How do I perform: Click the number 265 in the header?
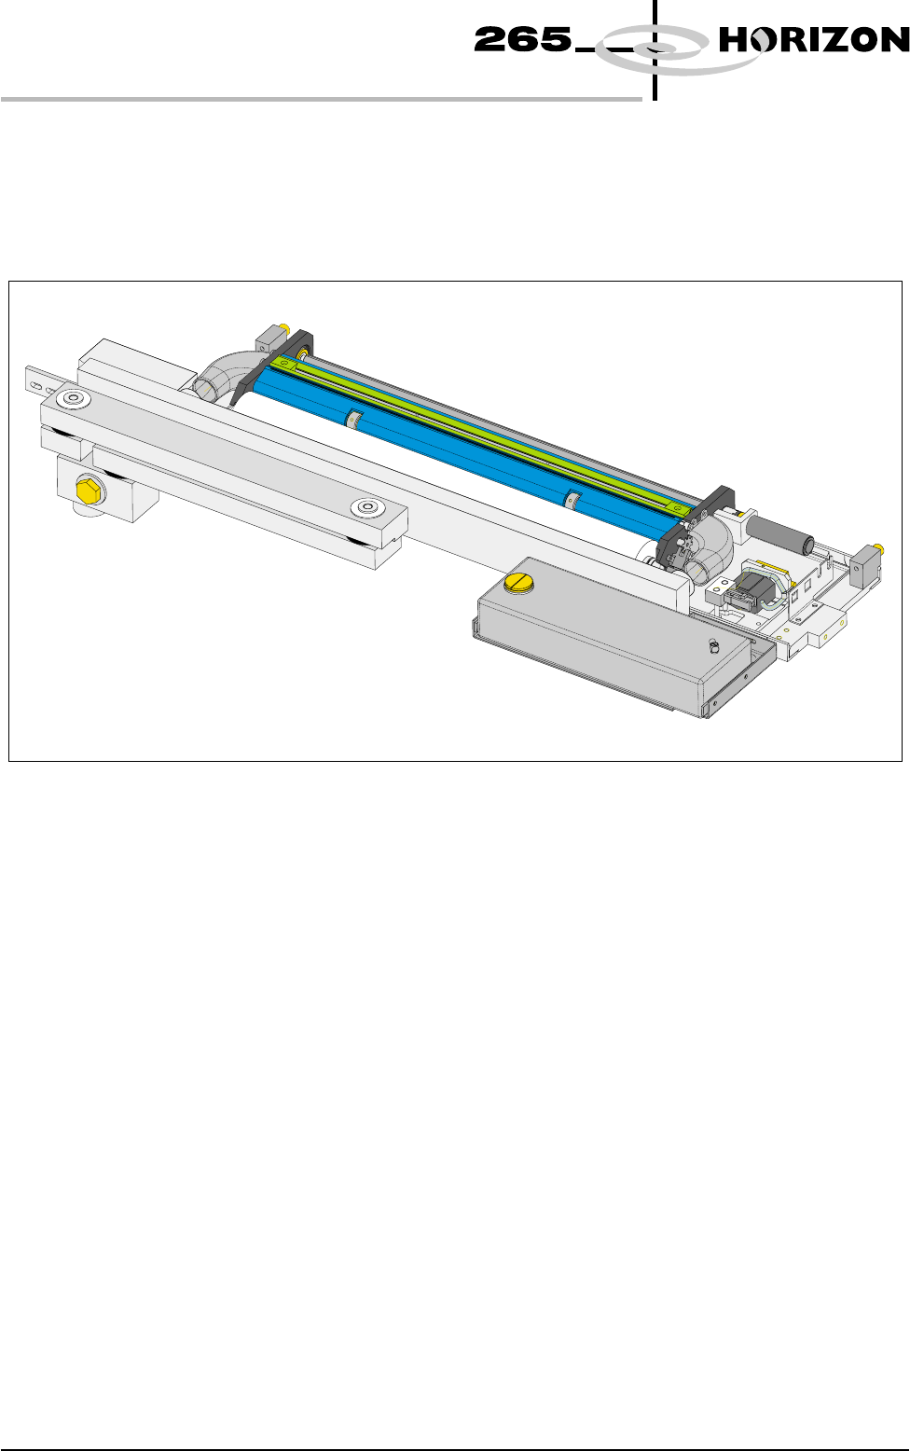[x=523, y=39]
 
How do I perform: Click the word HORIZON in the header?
[x=814, y=39]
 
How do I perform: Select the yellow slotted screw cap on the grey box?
[x=517, y=581]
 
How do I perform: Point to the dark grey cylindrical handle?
[x=779, y=533]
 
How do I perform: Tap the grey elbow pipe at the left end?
[x=224, y=376]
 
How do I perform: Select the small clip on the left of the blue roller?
[x=353, y=419]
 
